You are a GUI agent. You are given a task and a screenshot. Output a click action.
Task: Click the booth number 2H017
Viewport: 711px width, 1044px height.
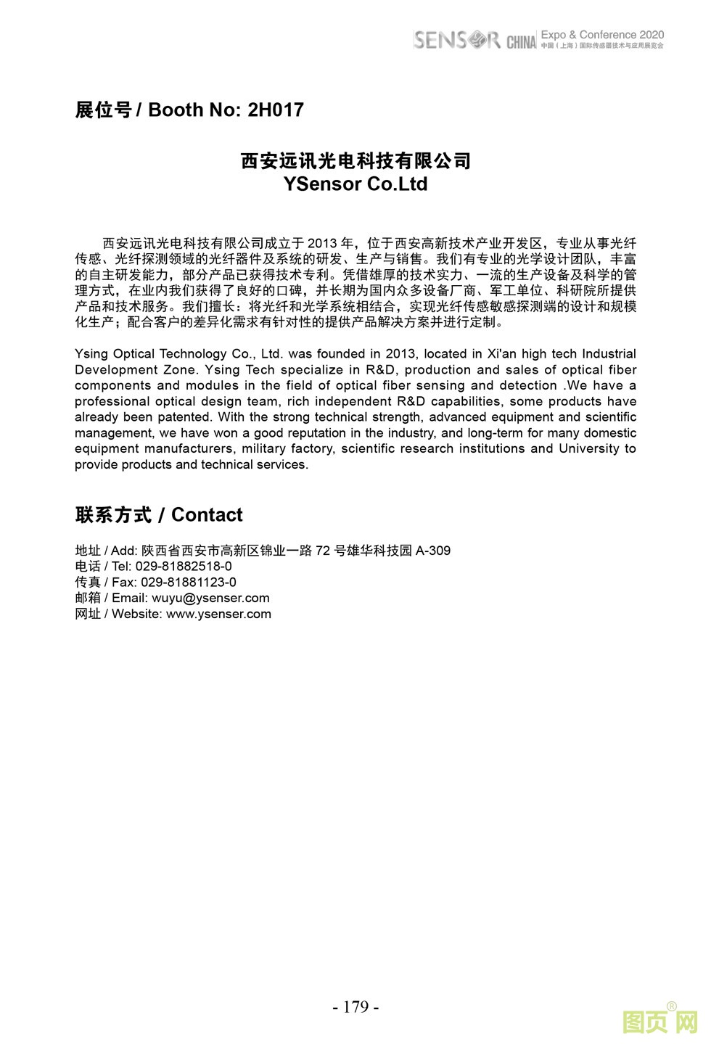(275, 110)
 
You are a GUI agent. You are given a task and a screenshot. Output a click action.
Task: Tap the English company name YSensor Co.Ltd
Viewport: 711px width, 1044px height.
(355, 184)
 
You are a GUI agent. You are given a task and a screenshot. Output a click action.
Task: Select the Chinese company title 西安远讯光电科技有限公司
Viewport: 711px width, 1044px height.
(355, 160)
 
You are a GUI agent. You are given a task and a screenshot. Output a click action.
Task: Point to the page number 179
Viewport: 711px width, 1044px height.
(355, 1007)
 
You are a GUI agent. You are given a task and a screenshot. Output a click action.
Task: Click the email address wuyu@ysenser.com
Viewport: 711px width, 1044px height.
(210, 599)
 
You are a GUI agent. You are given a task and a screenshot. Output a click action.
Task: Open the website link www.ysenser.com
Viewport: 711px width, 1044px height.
(218, 615)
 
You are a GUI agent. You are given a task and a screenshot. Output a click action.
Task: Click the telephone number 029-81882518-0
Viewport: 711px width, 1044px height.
(184, 567)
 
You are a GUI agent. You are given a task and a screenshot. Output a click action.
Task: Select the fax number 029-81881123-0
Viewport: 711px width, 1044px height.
(188, 583)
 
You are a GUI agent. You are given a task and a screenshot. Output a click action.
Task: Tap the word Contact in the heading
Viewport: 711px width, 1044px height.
(207, 515)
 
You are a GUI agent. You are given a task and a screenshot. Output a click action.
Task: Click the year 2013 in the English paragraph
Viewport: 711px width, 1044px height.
(400, 354)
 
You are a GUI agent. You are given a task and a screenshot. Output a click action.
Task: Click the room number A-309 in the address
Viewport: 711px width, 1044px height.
(433, 551)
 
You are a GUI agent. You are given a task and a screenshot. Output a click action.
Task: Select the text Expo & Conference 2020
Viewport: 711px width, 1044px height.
(602, 35)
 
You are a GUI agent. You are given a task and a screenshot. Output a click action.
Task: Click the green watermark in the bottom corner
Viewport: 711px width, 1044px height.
(659, 1022)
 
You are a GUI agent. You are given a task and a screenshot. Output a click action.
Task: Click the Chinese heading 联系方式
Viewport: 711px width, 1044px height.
(113, 515)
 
